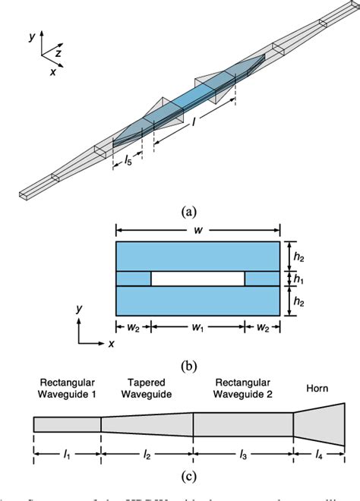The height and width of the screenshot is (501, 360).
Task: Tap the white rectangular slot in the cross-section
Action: tap(197, 279)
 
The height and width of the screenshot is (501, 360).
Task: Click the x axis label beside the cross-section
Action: tap(111, 343)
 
